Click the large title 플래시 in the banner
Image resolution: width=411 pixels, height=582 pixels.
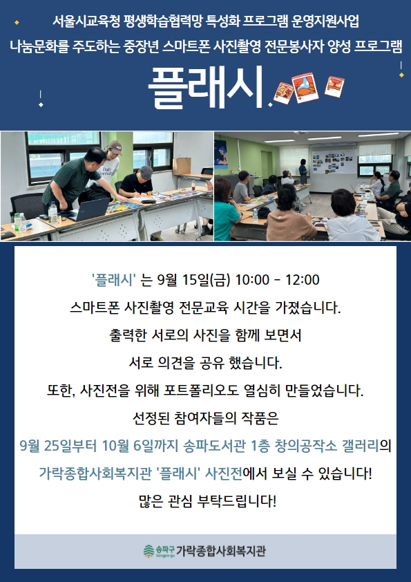pyautogui.click(x=206, y=87)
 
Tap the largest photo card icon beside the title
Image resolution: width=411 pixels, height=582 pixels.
pyautogui.click(x=305, y=88)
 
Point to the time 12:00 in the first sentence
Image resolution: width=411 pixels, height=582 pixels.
pyautogui.click(x=302, y=280)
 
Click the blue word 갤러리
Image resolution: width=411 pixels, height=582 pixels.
pyautogui.click(x=360, y=446)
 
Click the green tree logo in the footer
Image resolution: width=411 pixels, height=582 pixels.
pyautogui.click(x=149, y=551)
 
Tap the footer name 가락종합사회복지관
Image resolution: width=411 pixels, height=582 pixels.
pyautogui.click(x=221, y=551)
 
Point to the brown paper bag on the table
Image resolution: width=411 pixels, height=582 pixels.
pyautogui.click(x=182, y=166)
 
